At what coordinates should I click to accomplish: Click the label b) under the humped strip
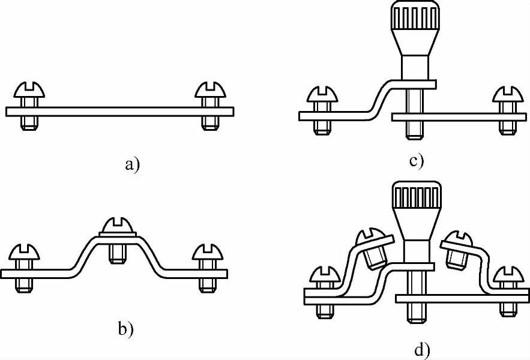pos(125,329)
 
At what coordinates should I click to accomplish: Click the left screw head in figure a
pos(29,92)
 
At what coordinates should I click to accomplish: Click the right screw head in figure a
pos(209,92)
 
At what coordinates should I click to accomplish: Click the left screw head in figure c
pos(322,97)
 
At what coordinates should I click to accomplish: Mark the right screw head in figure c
pos(507,97)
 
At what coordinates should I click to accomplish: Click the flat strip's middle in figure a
pos(119,111)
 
